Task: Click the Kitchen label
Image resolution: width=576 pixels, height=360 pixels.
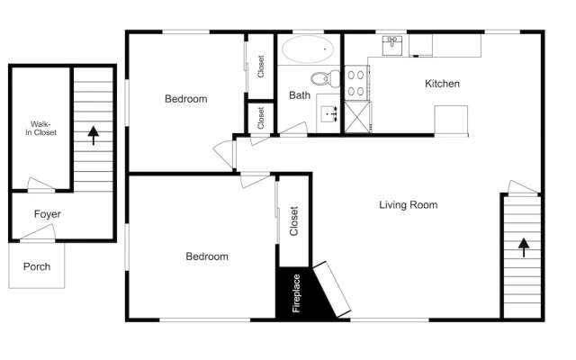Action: tap(442, 84)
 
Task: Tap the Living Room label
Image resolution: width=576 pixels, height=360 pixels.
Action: tap(408, 204)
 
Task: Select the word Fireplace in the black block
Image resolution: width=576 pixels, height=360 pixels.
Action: tap(296, 293)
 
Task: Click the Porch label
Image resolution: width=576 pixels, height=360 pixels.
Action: tap(37, 266)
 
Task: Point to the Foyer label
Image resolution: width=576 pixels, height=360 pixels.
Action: tap(48, 214)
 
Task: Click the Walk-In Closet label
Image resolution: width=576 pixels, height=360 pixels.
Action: tap(40, 128)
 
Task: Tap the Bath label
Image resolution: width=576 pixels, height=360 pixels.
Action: tap(300, 95)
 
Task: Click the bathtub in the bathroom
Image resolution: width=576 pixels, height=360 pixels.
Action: tap(308, 49)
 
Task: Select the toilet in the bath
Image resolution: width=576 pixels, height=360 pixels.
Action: tap(326, 78)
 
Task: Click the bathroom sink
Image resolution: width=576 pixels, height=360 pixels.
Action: tap(329, 114)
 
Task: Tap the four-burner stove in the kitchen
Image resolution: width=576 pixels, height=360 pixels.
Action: tap(356, 83)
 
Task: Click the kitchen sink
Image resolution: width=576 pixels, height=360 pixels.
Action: tap(392, 46)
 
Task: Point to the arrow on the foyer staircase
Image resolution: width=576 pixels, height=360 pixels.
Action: tap(94, 136)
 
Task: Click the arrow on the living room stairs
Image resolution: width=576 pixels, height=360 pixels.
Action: tap(524, 247)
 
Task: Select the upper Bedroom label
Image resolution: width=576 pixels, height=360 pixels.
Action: tap(186, 99)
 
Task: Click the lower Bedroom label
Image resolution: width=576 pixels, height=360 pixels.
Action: tap(207, 256)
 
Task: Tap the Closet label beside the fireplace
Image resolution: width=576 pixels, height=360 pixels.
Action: tap(293, 221)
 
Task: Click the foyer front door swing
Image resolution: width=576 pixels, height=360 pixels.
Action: tap(38, 232)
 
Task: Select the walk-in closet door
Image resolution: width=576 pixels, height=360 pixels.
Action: tap(41, 184)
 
